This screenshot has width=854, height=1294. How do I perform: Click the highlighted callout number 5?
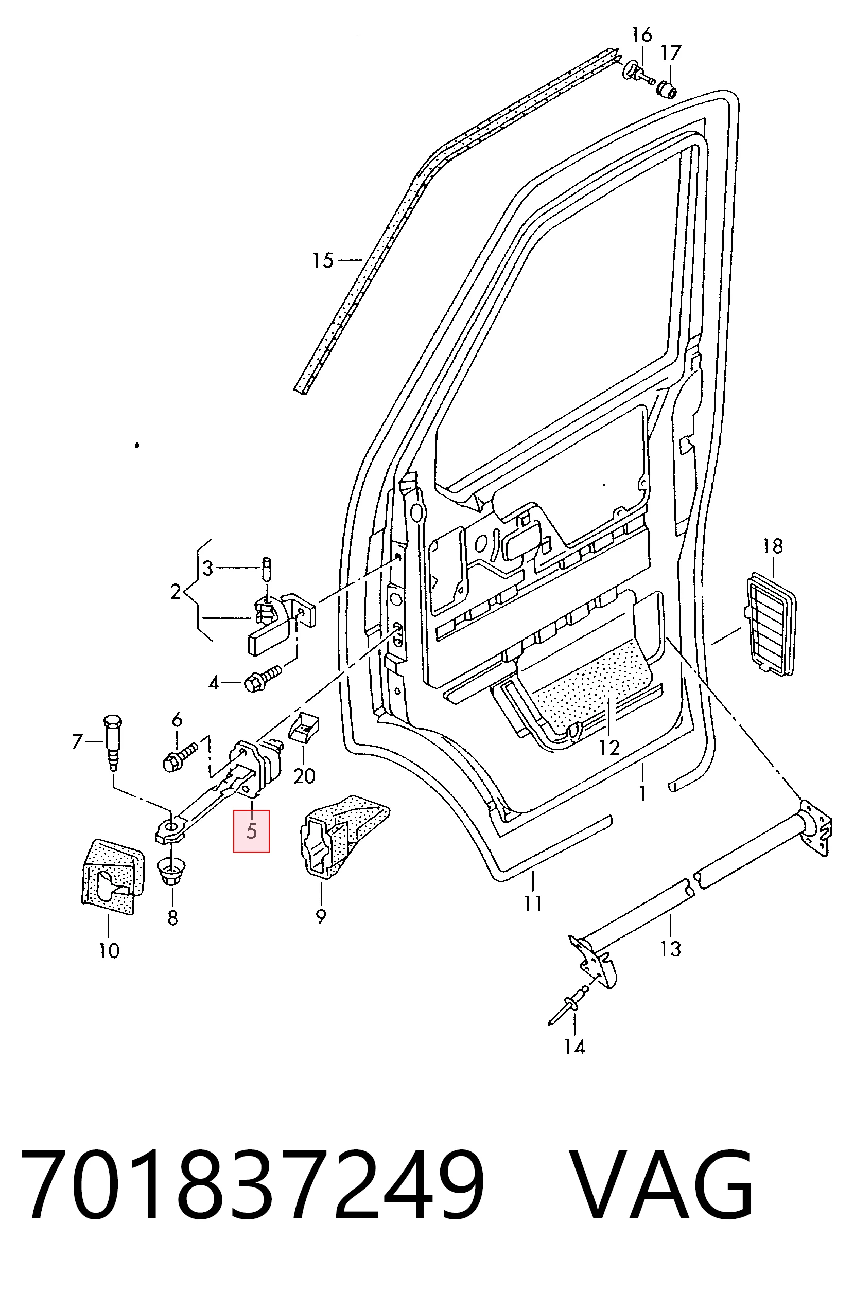(x=251, y=831)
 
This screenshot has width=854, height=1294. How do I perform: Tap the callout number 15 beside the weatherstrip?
(x=322, y=260)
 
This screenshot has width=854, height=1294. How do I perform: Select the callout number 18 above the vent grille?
(x=772, y=545)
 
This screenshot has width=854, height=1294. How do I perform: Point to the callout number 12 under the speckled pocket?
(x=609, y=748)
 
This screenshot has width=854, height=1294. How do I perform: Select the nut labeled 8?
(x=172, y=872)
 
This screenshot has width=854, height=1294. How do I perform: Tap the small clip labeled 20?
(x=304, y=730)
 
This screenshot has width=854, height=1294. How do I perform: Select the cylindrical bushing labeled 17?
(x=667, y=88)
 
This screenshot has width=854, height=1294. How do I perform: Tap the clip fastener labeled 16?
(x=637, y=73)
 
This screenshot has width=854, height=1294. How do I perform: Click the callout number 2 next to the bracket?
(x=176, y=591)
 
